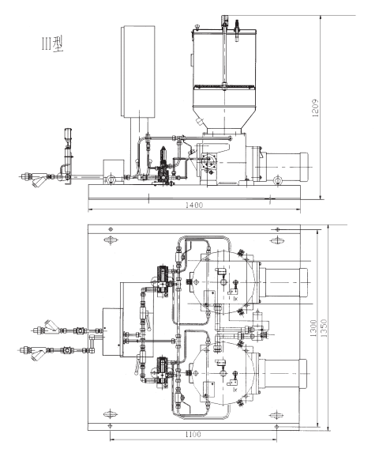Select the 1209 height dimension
[315, 108]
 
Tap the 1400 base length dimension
[194, 205]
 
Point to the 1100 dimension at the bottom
[193, 435]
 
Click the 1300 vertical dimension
[313, 328]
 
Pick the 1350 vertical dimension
[324, 328]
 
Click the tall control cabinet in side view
[138, 71]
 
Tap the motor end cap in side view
[304, 167]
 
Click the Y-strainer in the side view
[39, 180]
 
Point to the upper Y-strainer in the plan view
[51, 326]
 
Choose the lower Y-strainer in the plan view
[38, 353]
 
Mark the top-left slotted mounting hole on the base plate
[111, 240]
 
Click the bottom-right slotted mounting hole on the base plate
[276, 415]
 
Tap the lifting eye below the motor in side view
[277, 180]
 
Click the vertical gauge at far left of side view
[69, 149]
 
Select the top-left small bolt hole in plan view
[111, 229]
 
